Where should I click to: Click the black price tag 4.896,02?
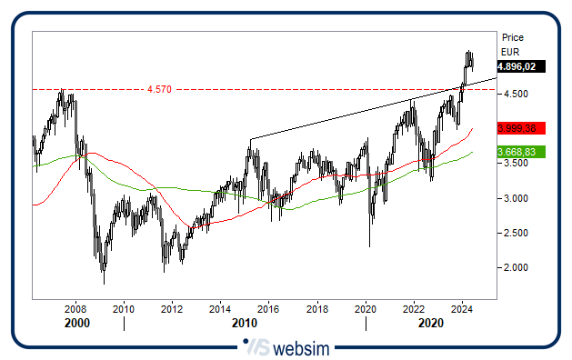coord(520,66)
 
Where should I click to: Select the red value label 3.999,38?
coord(520,129)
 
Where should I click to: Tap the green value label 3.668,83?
coord(520,152)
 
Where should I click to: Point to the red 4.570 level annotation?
coord(158,89)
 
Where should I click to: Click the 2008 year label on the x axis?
coord(75,310)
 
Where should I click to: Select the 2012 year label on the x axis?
coord(172,310)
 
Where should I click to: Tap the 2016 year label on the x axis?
coord(268,310)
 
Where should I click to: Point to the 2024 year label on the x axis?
coord(461,310)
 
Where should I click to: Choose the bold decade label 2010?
coord(244,324)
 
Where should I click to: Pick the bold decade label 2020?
coord(430,324)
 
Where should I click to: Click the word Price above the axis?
coord(513,37)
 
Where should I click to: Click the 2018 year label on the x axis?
coord(316,310)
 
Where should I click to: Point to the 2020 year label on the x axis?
coord(365,310)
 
